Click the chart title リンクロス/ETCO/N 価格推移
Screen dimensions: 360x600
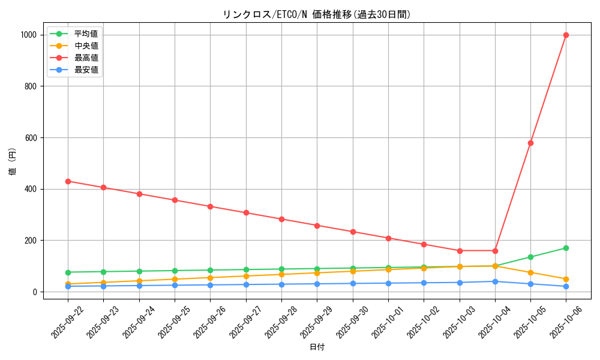pyautogui.click(x=317, y=14)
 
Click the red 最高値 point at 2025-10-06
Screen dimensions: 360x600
pyautogui.click(x=566, y=35)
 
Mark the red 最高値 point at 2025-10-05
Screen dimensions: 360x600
pyautogui.click(x=530, y=143)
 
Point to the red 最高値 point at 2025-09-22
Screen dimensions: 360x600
pyautogui.click(x=68, y=181)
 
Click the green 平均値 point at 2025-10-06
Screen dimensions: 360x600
pyautogui.click(x=566, y=248)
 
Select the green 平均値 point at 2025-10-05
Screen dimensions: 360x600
pyautogui.click(x=530, y=257)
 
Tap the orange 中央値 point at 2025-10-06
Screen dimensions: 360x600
pyautogui.click(x=566, y=279)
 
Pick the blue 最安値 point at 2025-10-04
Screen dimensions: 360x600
pyautogui.click(x=495, y=281)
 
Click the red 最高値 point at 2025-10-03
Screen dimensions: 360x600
pyautogui.click(x=460, y=251)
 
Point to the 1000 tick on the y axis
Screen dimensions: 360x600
pyautogui.click(x=28, y=35)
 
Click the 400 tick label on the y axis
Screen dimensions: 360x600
pyautogui.click(x=30, y=189)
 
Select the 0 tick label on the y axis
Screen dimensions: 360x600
pyautogui.click(x=35, y=292)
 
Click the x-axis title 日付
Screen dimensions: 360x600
pyautogui.click(x=317, y=347)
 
